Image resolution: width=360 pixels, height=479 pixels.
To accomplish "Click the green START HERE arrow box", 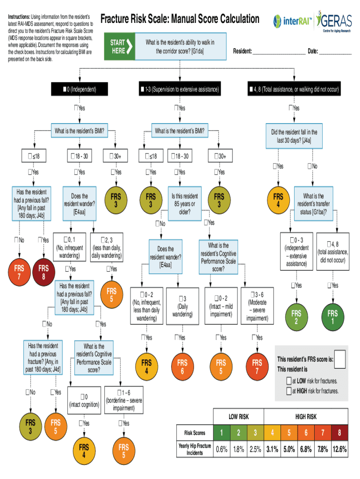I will [x=120, y=46].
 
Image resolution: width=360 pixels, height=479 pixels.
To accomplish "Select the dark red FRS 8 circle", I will [x=44, y=272].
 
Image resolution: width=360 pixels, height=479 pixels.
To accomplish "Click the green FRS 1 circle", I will [x=332, y=317].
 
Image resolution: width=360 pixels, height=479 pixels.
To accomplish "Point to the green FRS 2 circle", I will [x=296, y=317].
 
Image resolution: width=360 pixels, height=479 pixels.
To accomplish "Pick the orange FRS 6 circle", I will [x=182, y=367].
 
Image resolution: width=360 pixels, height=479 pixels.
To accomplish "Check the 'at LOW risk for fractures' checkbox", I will [x=289, y=381].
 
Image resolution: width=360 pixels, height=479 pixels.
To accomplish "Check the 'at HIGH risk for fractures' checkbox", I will [x=289, y=391].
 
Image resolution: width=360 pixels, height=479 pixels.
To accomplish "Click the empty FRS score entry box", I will [x=340, y=359].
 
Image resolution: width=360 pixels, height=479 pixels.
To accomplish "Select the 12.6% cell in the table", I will [x=339, y=450].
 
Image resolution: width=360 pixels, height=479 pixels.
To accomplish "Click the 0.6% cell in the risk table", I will [x=222, y=450].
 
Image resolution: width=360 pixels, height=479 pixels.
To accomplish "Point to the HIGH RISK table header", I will [x=306, y=416].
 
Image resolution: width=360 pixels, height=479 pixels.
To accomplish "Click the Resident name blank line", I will [x=279, y=51].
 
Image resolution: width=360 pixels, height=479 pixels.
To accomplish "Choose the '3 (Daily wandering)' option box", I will [x=182, y=306].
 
